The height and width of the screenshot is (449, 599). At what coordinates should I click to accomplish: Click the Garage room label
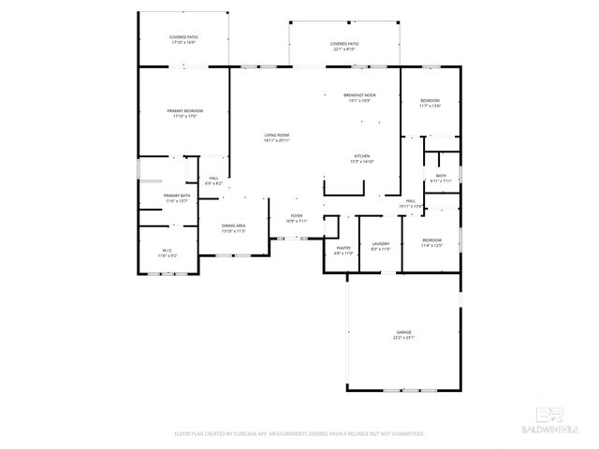[x=403, y=334]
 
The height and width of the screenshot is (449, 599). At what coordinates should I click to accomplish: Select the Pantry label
[x=343, y=250]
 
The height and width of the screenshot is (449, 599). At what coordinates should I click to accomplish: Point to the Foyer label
[x=296, y=218]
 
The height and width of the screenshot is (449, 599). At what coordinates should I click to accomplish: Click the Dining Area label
[x=233, y=227]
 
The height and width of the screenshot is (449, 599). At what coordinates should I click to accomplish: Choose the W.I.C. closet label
[x=167, y=253]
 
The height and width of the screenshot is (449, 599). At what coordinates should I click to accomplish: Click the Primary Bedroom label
[x=184, y=113]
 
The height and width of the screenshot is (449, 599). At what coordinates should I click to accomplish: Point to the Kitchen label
[x=362, y=158]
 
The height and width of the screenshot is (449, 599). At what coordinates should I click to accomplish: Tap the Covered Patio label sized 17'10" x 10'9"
[x=183, y=39]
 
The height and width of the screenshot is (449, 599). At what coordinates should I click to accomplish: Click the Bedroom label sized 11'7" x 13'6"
[x=430, y=103]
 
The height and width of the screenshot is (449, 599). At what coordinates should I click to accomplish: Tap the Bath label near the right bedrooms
[x=440, y=177]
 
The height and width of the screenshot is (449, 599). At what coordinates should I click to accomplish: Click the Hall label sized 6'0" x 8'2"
[x=213, y=181]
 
